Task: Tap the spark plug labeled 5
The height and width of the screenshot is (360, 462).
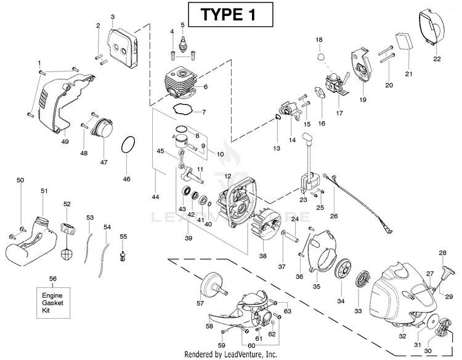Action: tap(182, 44)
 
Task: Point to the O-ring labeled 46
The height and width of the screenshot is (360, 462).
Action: tap(127, 146)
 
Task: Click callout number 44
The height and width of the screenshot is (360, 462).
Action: tap(155, 197)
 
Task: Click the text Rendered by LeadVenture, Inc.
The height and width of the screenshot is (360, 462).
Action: tap(230, 354)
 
